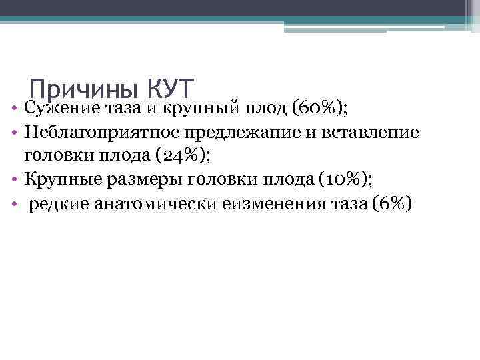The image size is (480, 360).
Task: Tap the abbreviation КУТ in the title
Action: coord(169,89)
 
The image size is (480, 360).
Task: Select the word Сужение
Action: coord(59,107)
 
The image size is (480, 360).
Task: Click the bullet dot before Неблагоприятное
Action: coord(14,133)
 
